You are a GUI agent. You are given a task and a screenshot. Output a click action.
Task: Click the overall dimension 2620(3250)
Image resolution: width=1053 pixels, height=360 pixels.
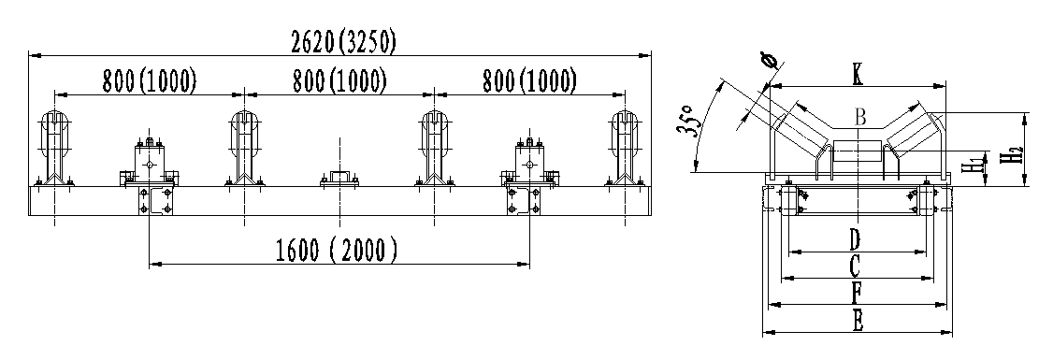[x=343, y=42]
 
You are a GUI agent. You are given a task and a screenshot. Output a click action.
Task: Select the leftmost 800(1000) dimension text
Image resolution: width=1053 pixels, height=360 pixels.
[x=149, y=80]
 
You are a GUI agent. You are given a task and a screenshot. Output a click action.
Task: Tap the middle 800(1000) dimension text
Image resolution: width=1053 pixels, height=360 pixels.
[x=339, y=80]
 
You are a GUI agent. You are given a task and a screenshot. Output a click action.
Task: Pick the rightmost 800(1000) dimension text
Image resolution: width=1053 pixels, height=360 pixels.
[x=529, y=80]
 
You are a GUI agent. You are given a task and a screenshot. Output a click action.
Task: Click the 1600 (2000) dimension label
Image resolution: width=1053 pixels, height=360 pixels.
[x=337, y=251]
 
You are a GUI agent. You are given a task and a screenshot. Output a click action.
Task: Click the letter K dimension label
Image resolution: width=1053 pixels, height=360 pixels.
[x=858, y=75]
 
